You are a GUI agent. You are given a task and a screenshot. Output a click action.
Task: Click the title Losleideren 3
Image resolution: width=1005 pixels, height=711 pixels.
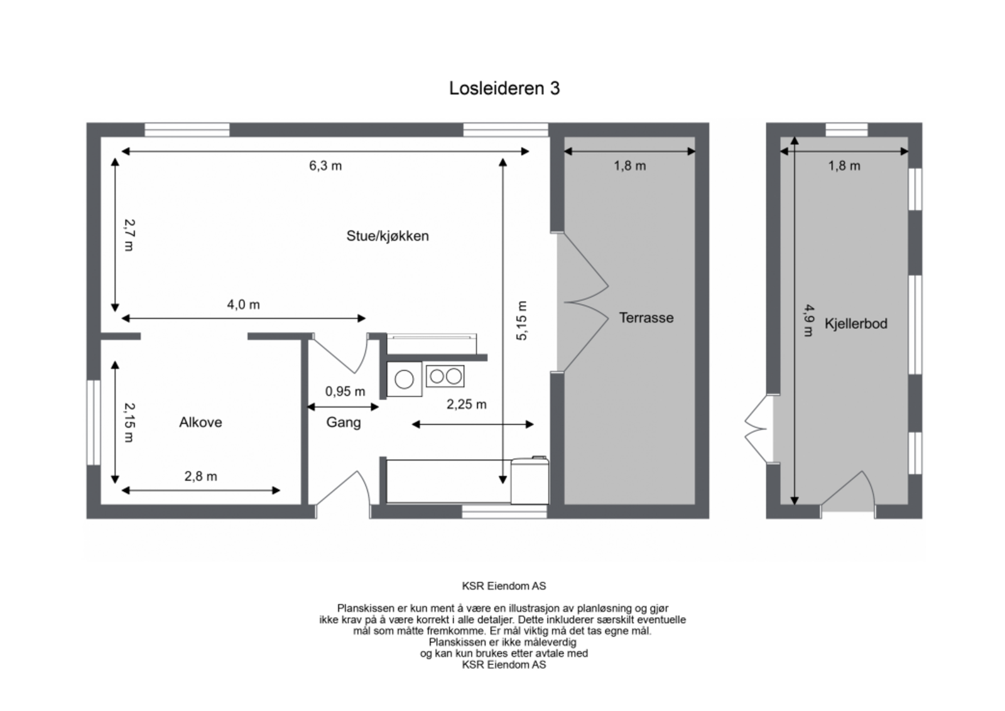pos(504,89)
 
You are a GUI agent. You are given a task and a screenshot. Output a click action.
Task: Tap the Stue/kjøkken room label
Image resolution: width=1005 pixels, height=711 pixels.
pos(387,236)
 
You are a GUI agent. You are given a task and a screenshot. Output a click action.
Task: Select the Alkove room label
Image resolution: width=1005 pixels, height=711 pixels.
pos(200,422)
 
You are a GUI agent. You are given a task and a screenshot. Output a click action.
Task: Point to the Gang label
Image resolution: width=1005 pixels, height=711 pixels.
pos(343,423)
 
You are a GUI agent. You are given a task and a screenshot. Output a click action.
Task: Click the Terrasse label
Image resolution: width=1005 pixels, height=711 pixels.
pos(646,318)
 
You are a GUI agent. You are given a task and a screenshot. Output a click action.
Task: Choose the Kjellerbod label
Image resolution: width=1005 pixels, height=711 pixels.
pos(856,323)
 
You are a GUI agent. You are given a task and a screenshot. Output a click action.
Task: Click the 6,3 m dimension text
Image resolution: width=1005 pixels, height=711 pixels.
pos(325,166)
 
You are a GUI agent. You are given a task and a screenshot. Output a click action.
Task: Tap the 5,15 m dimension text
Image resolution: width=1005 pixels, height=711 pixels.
pos(521,321)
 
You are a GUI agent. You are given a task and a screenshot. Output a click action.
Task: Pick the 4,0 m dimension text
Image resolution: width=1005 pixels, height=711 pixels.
pos(243,305)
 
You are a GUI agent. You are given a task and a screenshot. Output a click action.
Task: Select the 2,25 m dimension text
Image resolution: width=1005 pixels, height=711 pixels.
pos(466,404)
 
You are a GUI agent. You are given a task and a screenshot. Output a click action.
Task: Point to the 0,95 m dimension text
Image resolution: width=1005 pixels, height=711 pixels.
pos(345,391)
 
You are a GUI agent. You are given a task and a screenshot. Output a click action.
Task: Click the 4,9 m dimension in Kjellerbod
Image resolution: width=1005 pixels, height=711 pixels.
pos(809,320)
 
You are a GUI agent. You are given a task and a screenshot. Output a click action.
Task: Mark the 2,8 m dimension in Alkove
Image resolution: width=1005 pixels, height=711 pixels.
pos(200,476)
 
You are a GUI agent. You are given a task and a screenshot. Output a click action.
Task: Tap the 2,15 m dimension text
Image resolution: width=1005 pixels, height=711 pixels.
pos(129,422)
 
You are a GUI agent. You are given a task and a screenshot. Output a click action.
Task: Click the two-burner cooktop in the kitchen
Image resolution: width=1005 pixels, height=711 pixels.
pos(445,376)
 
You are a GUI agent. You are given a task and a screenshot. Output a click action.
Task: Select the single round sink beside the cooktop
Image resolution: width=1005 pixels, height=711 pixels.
pos(405,379)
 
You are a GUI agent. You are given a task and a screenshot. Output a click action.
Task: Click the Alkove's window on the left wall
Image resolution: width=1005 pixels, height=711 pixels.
pos(94,423)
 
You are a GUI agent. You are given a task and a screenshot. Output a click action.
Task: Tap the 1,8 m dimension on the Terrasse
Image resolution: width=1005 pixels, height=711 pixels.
pos(630,166)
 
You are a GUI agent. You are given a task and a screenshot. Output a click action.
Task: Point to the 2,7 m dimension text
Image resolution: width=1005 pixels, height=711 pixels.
pos(129,235)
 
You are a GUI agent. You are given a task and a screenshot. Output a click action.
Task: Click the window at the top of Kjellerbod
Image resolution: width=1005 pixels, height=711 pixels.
pos(847,129)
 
